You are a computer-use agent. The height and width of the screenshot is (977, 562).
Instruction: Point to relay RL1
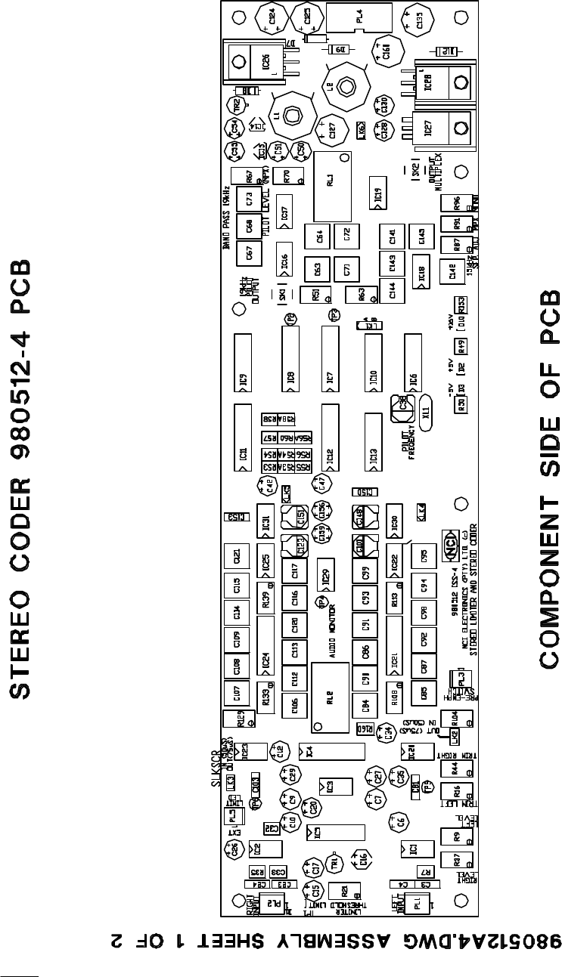point(332,185)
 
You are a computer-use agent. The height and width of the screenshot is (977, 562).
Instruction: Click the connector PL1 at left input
point(415,902)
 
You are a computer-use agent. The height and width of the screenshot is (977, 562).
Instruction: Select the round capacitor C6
point(401,822)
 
